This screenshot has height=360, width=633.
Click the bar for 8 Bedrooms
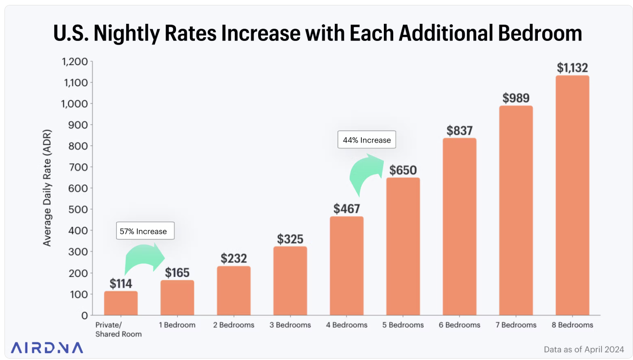(x=572, y=195)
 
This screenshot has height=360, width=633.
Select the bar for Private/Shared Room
(x=121, y=303)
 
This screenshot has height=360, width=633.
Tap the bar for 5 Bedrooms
(x=403, y=246)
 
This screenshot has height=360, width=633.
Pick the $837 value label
(x=459, y=131)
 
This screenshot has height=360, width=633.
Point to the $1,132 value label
(x=572, y=68)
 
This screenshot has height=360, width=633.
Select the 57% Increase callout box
(x=145, y=231)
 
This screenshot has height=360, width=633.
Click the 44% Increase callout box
(x=367, y=140)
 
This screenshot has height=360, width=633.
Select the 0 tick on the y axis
(x=84, y=316)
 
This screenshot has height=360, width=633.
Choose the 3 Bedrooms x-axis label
(x=290, y=325)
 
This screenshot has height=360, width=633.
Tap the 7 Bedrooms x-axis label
(x=515, y=325)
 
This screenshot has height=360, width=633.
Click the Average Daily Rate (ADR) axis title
(x=47, y=188)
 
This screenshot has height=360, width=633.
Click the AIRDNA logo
(x=47, y=348)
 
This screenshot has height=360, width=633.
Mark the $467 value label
(x=346, y=209)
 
